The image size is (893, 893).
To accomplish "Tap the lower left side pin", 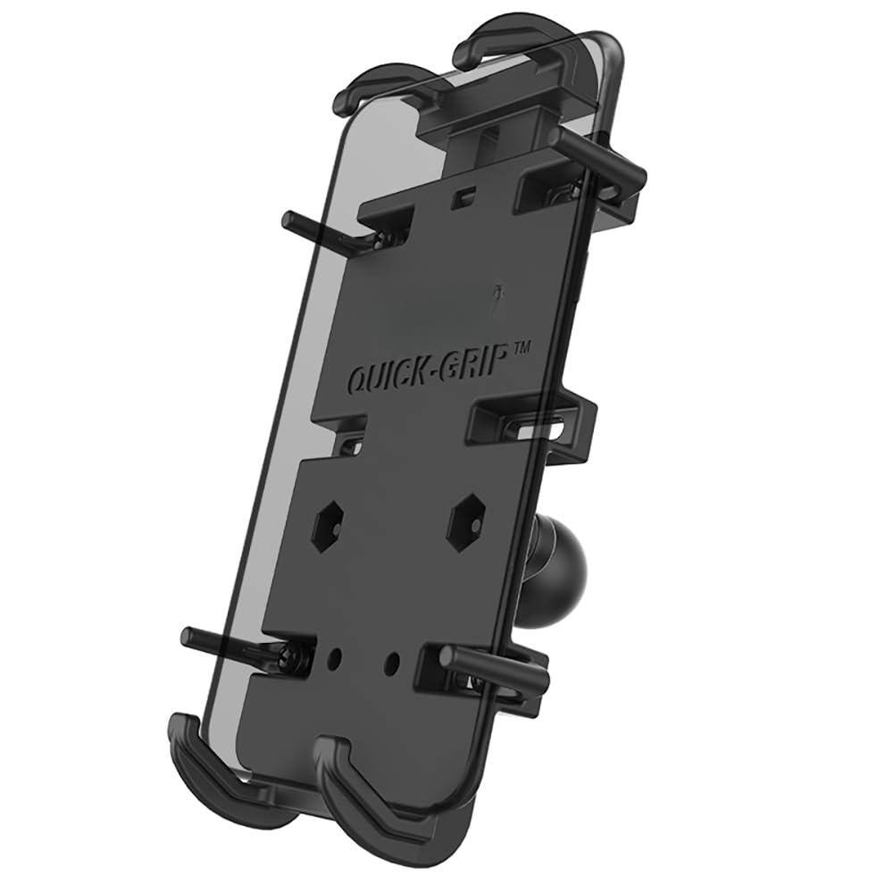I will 232,643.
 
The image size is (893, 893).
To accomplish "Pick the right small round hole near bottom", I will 390,665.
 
